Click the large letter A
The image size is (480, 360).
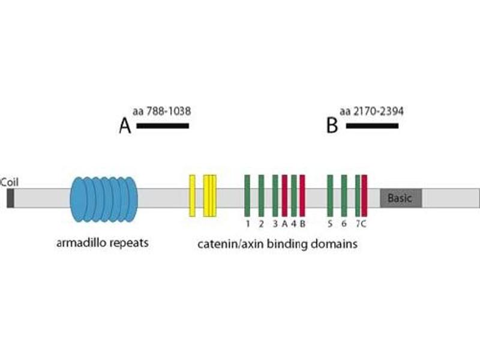tap(125, 127)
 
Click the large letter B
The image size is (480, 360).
tap(332, 127)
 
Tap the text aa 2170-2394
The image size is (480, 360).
tap(371, 111)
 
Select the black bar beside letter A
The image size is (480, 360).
tap(163, 126)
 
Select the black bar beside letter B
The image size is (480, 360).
tap(372, 126)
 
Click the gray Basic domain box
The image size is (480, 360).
tap(401, 198)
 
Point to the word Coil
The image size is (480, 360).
tap(8, 182)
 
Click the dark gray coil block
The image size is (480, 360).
tap(10, 198)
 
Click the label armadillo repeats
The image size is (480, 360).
tap(103, 244)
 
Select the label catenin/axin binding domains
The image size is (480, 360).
tap(278, 244)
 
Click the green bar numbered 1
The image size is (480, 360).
tap(247, 196)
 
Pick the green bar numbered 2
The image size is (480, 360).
tap(261, 196)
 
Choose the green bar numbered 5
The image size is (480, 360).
tap(330, 196)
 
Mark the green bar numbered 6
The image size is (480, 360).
tap(344, 196)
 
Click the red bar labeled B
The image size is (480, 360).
tap(302, 196)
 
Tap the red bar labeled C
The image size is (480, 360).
tap(364, 196)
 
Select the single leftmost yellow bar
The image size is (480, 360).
tap(192, 196)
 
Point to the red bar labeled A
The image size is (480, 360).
tap(284, 196)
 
